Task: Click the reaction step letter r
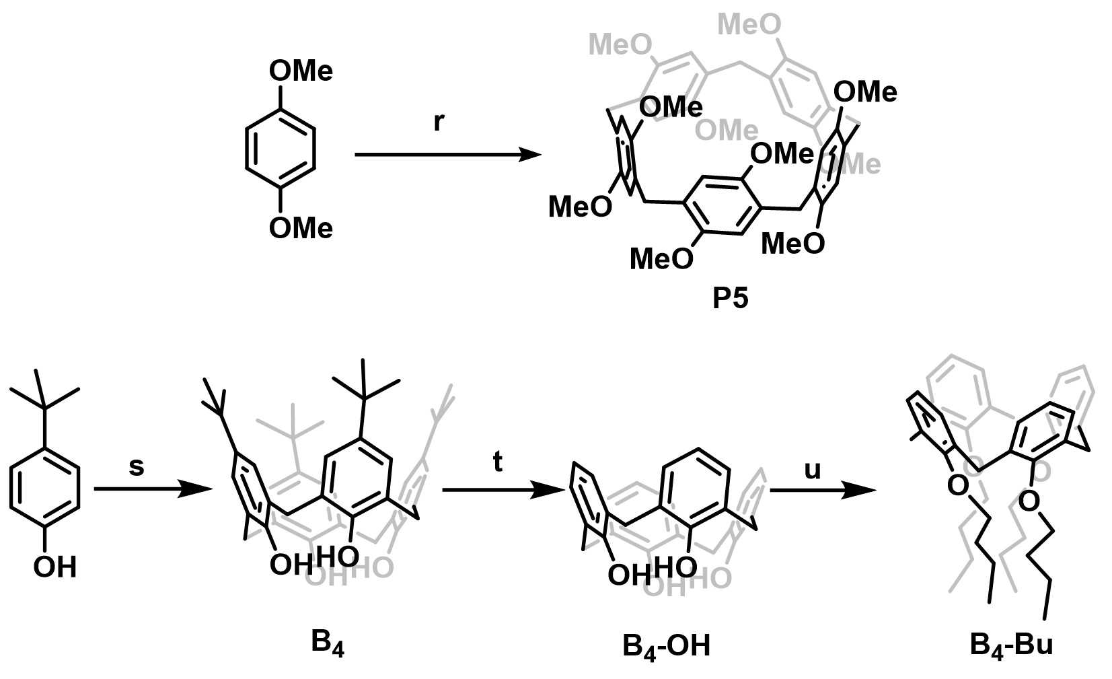439,122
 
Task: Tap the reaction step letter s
137,466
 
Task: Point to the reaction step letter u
813,469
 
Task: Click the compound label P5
730,298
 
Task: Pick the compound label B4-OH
666,647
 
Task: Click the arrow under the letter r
447,155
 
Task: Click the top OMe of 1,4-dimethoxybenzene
301,71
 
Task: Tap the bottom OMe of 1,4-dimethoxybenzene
301,229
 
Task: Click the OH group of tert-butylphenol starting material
54,567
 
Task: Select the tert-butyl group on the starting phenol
44,397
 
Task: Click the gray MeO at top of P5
749,25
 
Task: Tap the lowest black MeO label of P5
661,258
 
